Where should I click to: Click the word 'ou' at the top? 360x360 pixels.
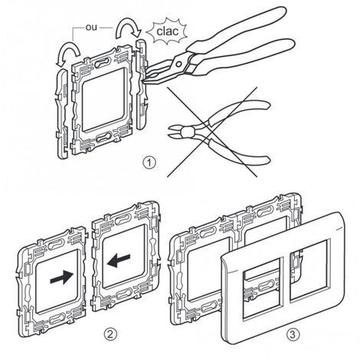(x=91, y=27)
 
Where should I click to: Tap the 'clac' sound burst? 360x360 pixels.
(x=167, y=31)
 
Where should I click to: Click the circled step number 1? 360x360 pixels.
(x=149, y=163)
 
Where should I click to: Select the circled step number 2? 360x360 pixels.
(x=110, y=334)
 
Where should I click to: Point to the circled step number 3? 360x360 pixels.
(x=293, y=334)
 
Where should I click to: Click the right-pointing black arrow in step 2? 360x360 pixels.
(x=62, y=277)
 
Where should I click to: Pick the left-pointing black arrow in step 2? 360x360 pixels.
(x=119, y=260)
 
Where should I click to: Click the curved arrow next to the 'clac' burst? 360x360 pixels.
(x=128, y=28)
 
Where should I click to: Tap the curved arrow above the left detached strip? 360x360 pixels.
(x=67, y=52)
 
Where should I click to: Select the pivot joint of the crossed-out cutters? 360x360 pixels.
(x=188, y=132)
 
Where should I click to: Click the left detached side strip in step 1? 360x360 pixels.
(x=61, y=114)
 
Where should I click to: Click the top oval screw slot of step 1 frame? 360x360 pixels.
(x=103, y=62)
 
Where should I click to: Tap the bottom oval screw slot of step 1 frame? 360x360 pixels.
(x=103, y=137)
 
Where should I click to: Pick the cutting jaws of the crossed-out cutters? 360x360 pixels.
(x=175, y=131)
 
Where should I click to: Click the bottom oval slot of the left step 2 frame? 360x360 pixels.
(x=57, y=319)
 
